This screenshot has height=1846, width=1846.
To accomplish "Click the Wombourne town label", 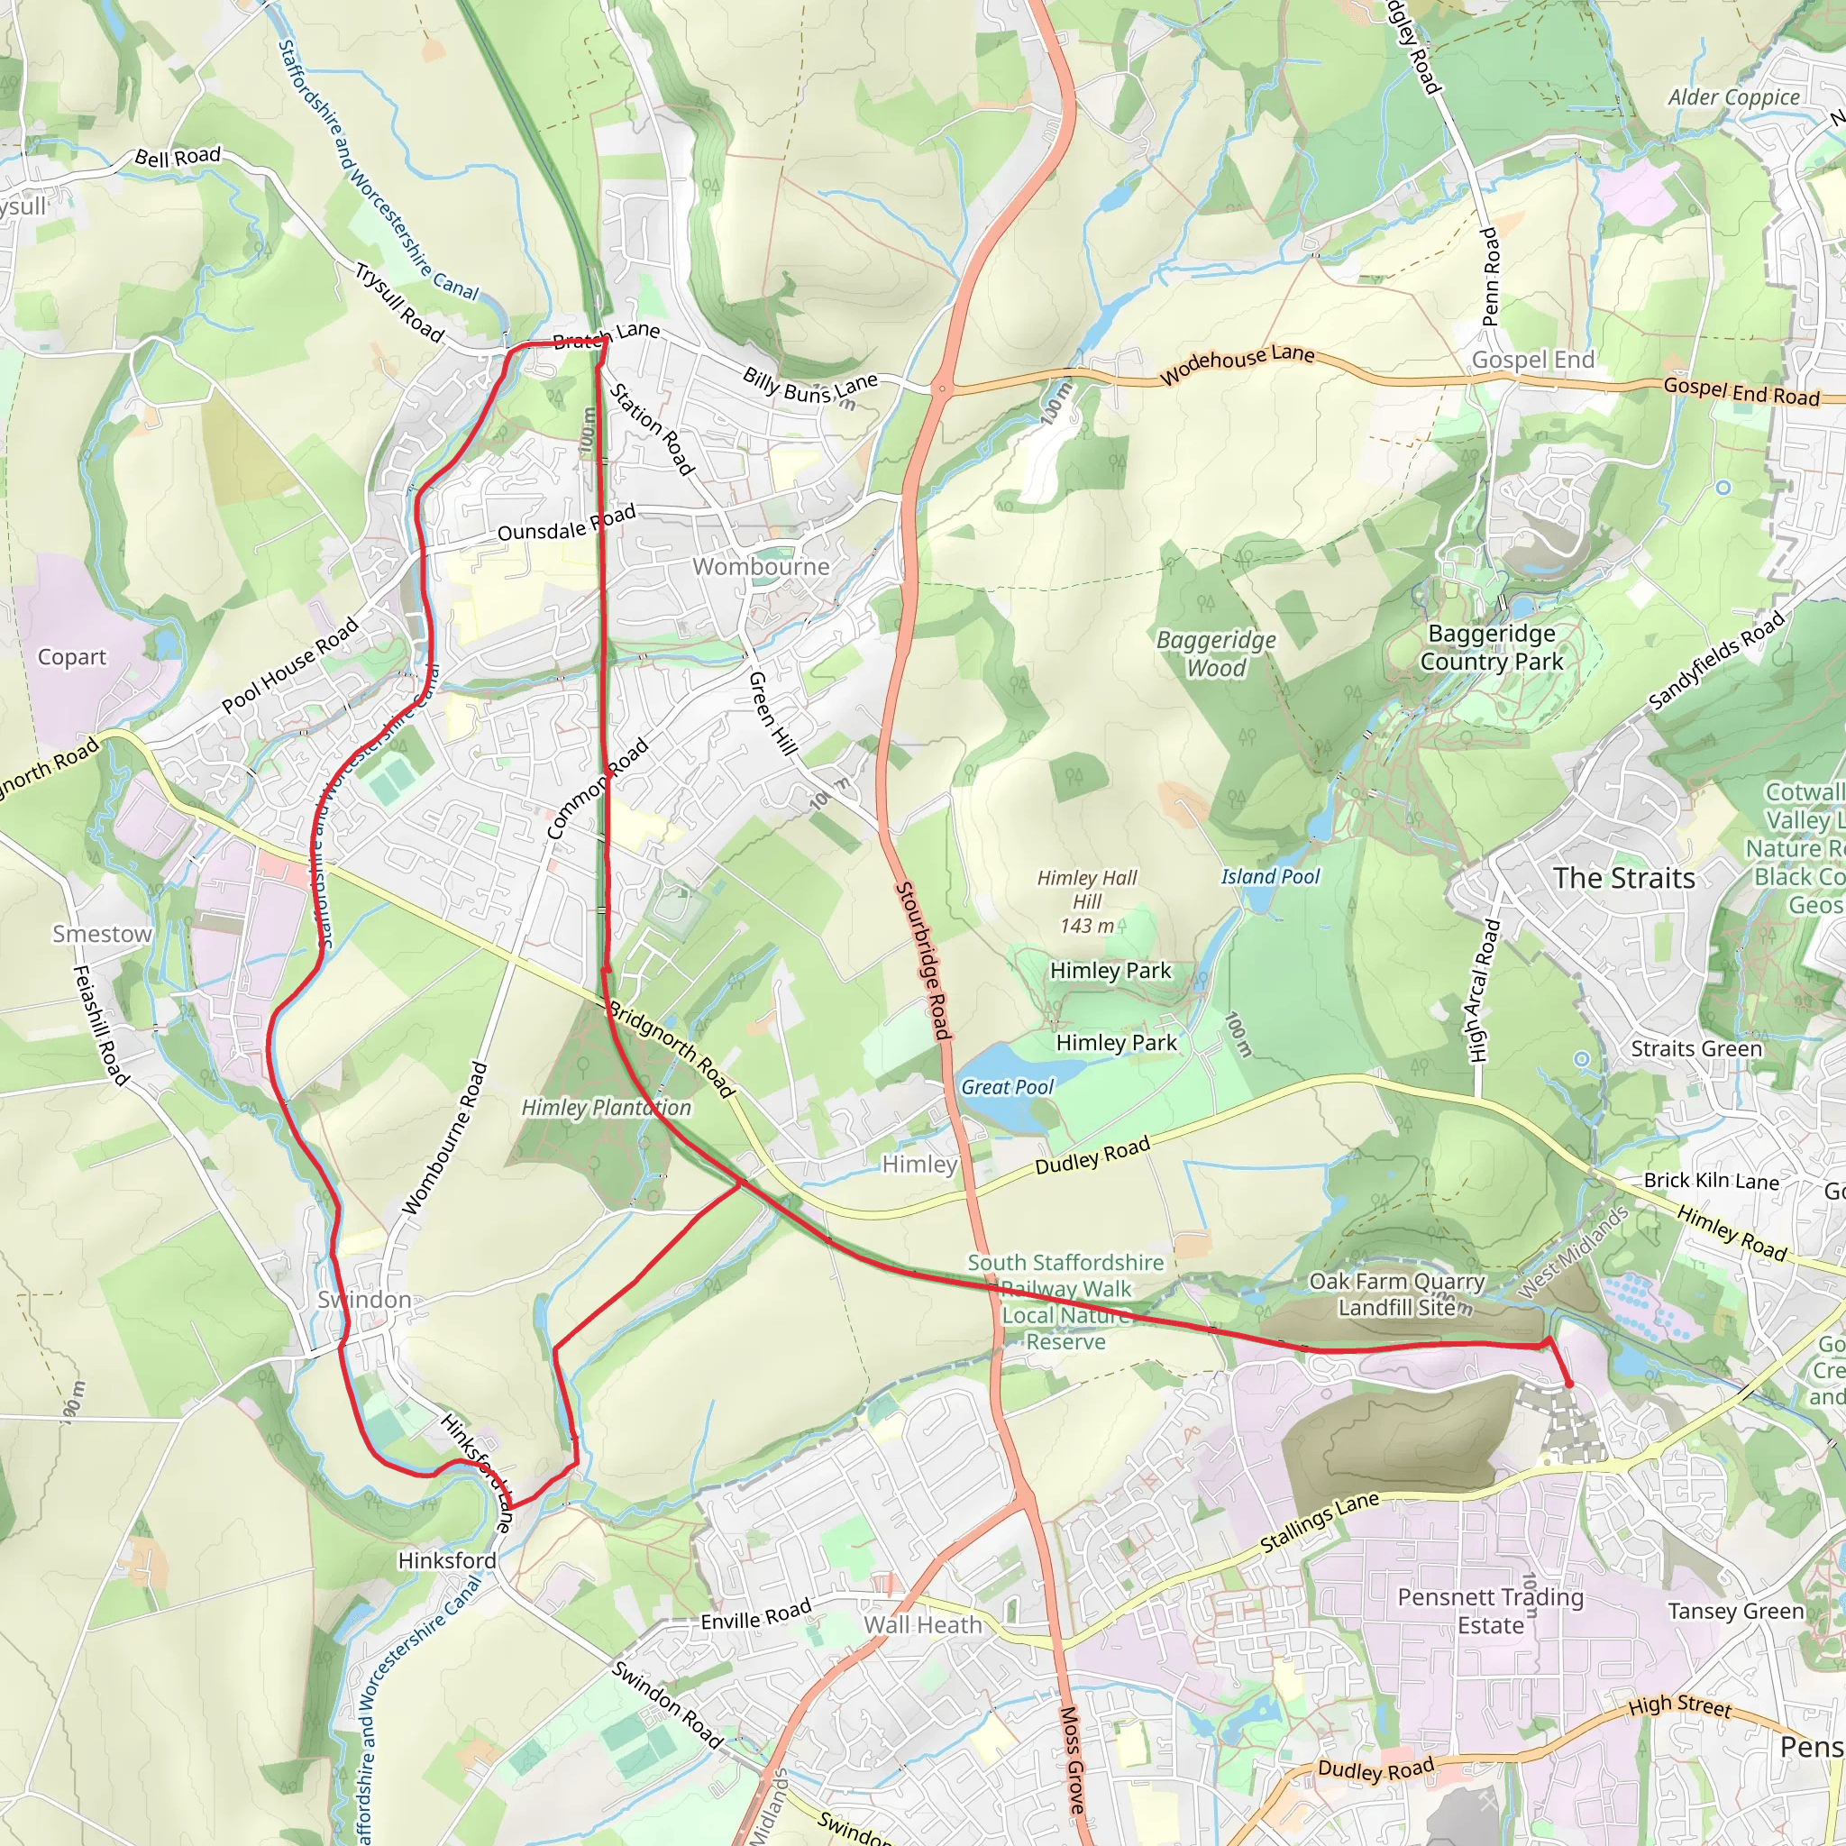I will (761, 567).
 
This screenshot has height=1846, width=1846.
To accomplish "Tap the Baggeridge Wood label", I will (1215, 653).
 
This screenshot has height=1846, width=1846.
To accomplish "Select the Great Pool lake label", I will (1007, 1086).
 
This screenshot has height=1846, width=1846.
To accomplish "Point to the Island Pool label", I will (1270, 876).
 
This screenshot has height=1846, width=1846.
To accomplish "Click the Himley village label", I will (919, 1164).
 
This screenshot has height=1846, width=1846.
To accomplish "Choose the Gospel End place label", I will (1532, 361).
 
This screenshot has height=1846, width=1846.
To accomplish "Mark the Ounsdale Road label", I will (567, 524).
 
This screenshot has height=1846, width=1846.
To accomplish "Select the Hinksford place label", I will (447, 1560).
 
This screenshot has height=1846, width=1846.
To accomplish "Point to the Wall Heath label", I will (923, 1624).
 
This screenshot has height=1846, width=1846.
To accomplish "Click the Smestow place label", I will (102, 934).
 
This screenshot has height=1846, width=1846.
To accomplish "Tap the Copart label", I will (72, 657).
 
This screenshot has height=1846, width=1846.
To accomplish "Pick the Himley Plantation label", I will (606, 1108).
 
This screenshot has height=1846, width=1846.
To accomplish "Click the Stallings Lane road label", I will (1320, 1522).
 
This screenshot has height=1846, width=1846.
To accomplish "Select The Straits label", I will (1623, 878).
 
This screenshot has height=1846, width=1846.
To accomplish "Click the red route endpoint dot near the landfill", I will (1569, 1384).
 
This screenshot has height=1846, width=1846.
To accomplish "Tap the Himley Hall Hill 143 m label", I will (1087, 901).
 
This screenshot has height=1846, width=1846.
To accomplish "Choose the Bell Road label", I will (178, 157).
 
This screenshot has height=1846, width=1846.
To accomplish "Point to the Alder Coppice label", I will (1733, 97).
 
